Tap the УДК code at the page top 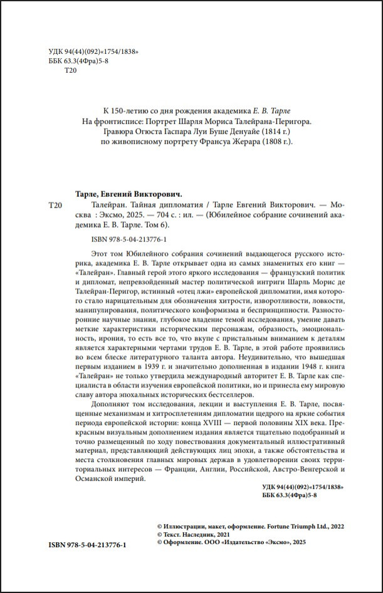93,51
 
